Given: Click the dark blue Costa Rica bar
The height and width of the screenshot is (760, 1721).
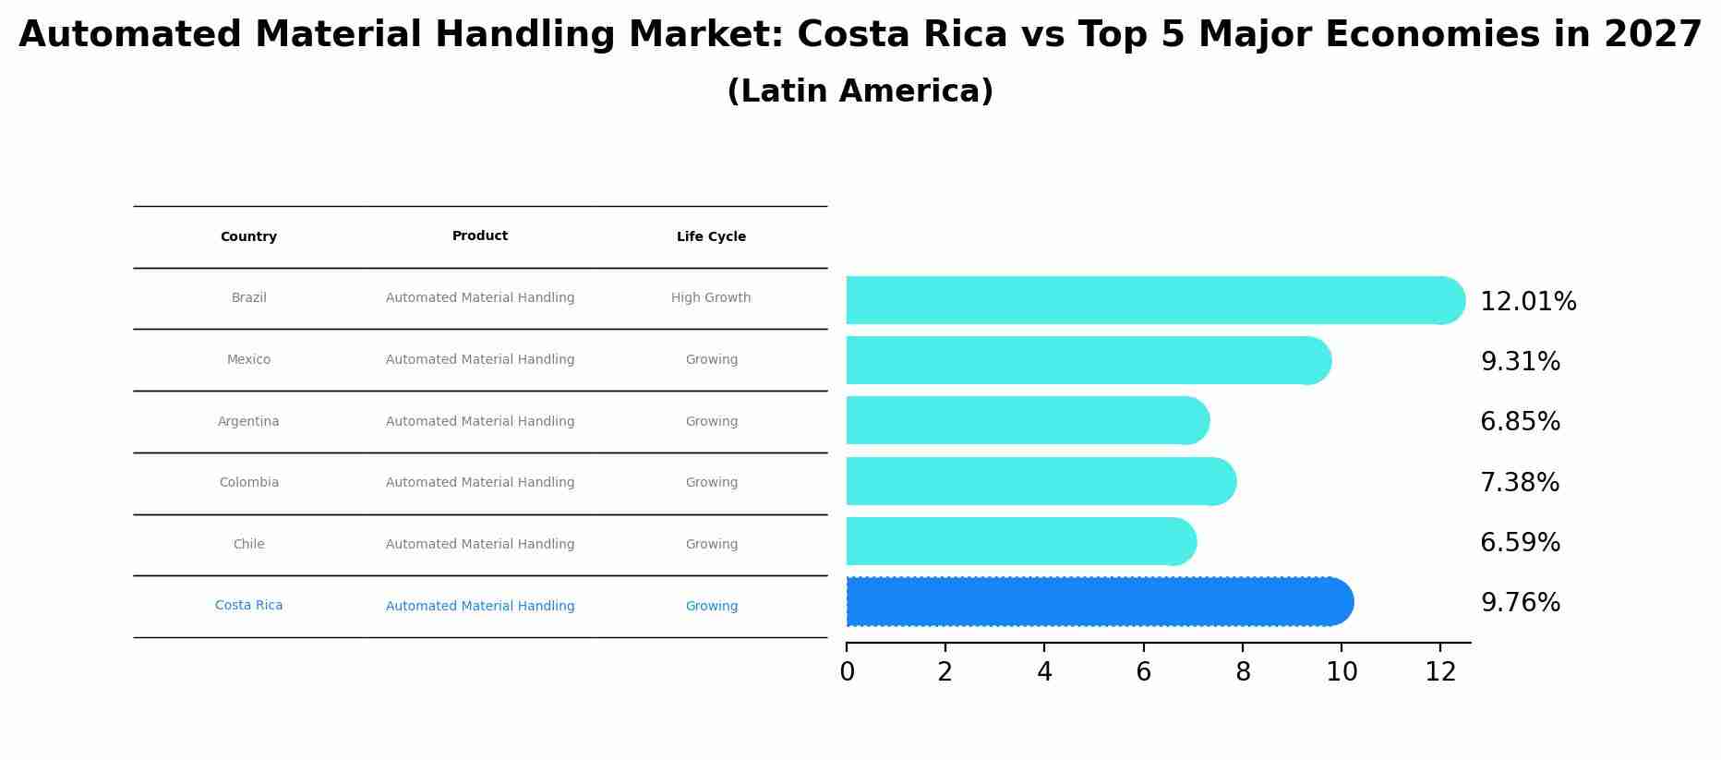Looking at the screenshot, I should coord(1099,602).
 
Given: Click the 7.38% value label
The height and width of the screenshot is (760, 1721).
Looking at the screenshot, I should coord(1519,483).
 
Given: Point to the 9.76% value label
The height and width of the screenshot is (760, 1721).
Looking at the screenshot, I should coord(1520,603).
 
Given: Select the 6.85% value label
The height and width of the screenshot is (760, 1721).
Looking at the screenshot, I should coord(1520,422).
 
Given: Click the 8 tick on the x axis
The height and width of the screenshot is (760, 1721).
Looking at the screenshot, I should coord(1243,671).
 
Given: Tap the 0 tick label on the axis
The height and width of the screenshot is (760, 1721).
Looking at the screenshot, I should coord(847,671).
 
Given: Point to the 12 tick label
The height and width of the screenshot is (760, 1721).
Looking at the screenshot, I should coord(1440,671).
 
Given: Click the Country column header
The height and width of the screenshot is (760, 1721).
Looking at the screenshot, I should coord(248,237).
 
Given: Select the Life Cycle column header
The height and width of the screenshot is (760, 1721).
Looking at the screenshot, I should coord(711,237).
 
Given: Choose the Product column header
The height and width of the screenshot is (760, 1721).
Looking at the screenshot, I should coord(479,236).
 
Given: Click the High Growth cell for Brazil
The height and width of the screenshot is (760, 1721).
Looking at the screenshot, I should coord(710,298).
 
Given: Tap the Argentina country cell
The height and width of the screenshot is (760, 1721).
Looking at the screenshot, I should coord(248,422).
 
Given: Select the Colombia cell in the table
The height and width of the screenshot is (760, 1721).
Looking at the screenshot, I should coord(248,483).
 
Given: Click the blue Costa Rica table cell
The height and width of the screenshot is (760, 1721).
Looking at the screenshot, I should coord(248,606).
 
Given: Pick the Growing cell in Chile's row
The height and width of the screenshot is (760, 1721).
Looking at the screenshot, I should coord(711,545).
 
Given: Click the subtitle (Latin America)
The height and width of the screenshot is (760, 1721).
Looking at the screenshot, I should coord(860,91).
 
